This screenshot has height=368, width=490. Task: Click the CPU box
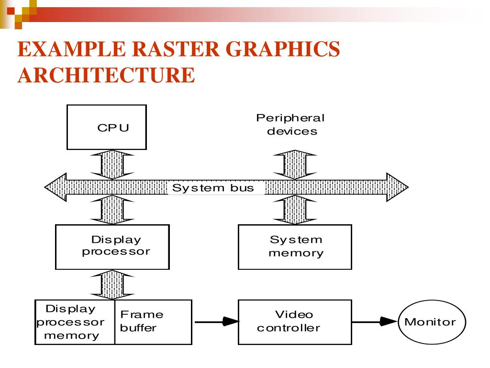click(106, 127)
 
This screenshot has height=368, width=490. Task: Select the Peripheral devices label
click(290, 125)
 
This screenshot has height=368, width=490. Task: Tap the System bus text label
click(213, 188)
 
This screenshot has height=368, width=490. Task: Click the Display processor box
click(112, 247)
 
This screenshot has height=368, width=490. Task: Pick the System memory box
click(295, 247)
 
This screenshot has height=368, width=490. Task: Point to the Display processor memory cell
click(75, 322)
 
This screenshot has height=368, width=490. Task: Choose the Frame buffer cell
click(153, 322)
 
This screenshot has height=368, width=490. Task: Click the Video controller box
click(295, 322)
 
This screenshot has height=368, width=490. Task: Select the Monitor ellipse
click(432, 322)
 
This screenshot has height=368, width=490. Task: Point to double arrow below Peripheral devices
click(295, 164)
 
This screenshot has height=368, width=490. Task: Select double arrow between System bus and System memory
click(295, 210)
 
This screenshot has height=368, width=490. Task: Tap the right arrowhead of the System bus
click(398, 187)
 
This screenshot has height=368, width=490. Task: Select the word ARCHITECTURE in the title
click(106, 75)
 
